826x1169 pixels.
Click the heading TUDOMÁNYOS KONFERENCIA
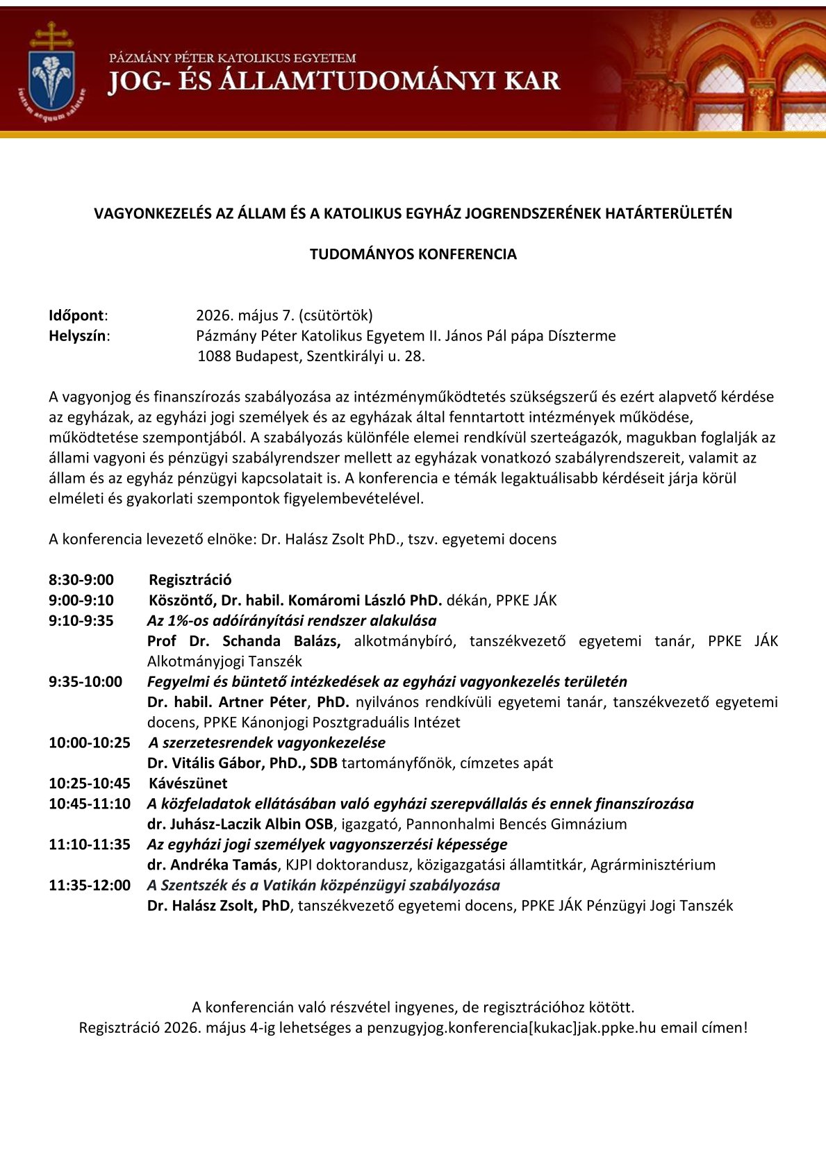point(413,254)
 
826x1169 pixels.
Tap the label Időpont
point(76,315)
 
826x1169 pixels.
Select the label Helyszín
point(78,336)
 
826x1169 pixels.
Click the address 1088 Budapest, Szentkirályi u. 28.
point(311,356)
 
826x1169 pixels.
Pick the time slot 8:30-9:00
point(81,580)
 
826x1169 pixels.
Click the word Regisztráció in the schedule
point(190,580)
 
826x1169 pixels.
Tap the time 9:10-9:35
point(81,620)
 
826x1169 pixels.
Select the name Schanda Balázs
point(281,641)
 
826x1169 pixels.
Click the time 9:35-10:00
point(85,682)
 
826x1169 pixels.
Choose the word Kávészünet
point(188,784)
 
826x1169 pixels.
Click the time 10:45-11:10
point(90,804)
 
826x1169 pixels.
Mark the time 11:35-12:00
point(90,886)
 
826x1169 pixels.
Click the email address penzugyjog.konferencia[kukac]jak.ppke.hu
point(511,1028)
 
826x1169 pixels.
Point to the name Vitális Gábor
point(206,763)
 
